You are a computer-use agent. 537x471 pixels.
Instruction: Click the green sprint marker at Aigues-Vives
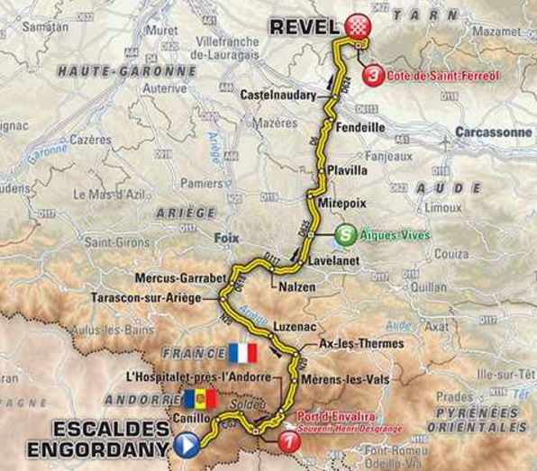[x=343, y=236]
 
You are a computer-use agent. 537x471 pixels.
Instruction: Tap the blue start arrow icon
[x=187, y=443]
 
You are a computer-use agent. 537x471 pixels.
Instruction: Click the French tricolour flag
[x=242, y=352]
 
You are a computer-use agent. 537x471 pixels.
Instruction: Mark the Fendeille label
[x=360, y=128]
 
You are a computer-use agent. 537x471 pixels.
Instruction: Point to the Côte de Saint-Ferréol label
[x=442, y=77]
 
